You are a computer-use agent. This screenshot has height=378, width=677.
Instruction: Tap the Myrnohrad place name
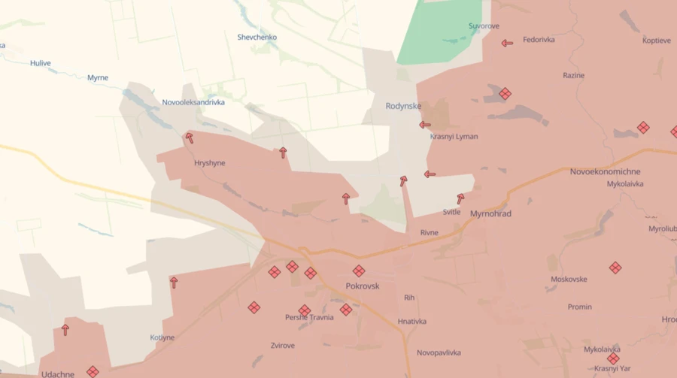pos(490,214)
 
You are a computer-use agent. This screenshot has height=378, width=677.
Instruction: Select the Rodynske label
pos(403,106)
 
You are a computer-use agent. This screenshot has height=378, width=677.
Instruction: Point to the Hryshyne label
pos(210,162)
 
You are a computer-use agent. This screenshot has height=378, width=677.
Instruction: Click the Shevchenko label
pos(257,37)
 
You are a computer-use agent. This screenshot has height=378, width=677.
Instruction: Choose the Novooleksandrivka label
pos(193,102)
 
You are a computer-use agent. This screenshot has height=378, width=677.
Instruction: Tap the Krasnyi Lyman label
pos(454,137)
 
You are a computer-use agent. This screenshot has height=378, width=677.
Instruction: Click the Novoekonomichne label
pos(605,171)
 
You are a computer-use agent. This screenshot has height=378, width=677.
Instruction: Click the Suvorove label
pos(484,26)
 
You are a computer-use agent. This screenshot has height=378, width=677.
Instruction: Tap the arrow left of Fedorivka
pos(507,43)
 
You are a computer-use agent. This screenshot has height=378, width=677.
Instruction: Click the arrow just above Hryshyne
pos(189,138)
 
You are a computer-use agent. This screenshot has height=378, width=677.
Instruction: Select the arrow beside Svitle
pos(460,199)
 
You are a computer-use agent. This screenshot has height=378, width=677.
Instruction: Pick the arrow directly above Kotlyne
pos(174,283)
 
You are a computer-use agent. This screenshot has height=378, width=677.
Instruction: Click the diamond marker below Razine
pos(505,94)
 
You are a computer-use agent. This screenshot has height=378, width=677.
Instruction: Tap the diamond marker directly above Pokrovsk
pos(359,271)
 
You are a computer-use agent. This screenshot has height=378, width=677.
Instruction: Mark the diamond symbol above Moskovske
pos(615,268)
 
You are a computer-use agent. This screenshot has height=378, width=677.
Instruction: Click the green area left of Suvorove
pos(436,34)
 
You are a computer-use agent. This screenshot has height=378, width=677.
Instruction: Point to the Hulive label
pos(41,63)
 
